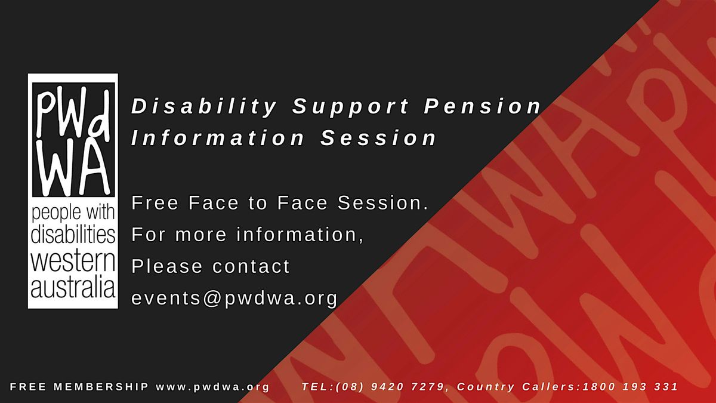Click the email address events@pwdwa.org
pyautogui.click(x=234, y=297)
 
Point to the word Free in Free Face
pyautogui.click(x=155, y=204)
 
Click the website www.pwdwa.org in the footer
pyautogui.click(x=213, y=387)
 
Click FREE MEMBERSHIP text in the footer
pyautogui.click(x=79, y=387)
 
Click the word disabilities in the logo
pyautogui.click(x=73, y=235)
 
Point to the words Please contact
pyautogui.click(x=211, y=266)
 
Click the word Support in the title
pyautogui.click(x=351, y=107)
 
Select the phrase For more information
pyautogui.click(x=248, y=235)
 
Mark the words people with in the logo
pyautogui.click(x=73, y=212)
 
